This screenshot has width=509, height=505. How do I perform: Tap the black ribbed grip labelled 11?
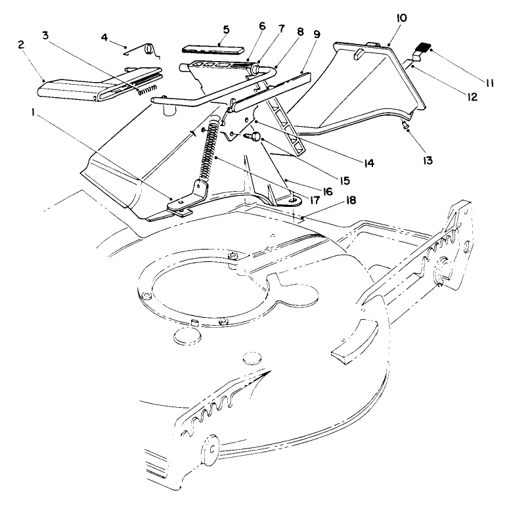coord(420,48)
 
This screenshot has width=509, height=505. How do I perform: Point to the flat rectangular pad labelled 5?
coord(211,51)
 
